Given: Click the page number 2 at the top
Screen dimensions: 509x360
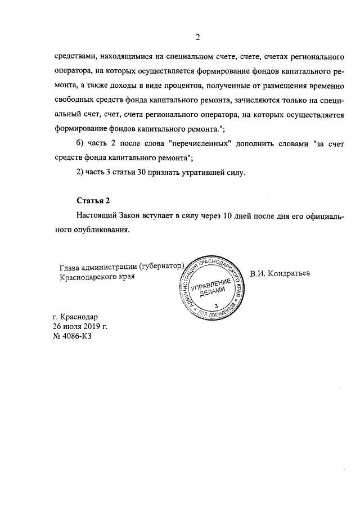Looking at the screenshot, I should [197, 38].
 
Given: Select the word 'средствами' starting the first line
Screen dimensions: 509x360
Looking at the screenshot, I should [76, 57].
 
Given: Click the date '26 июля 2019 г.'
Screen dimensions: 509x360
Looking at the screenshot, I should [80, 326].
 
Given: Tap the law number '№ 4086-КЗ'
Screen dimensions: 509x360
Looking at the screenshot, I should [71, 336].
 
